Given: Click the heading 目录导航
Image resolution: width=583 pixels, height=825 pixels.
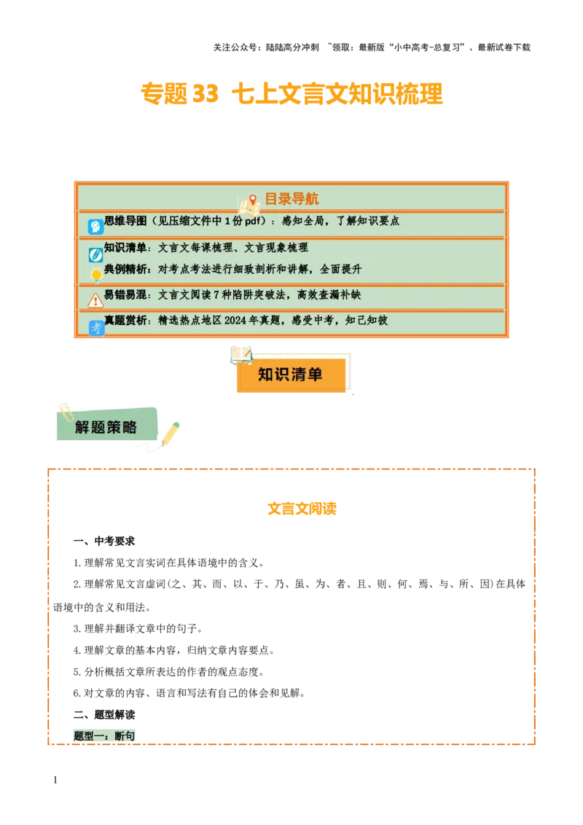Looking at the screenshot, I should pos(291,199).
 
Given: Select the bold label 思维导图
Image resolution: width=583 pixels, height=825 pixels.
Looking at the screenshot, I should pos(125,221).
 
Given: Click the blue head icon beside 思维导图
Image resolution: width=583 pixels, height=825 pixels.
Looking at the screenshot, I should pos(95,227).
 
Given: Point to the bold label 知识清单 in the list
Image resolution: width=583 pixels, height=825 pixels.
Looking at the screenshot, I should pos(125,248).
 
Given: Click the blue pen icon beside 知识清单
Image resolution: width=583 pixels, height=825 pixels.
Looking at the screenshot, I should pos(95,254).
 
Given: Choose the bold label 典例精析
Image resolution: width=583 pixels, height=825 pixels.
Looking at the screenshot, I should pos(125,269).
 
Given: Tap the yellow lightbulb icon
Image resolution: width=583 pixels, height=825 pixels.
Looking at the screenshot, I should pos(95,275).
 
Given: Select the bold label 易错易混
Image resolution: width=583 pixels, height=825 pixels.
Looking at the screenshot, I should pos(125,295).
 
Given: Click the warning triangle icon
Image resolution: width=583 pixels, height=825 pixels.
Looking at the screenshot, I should pos(95,300).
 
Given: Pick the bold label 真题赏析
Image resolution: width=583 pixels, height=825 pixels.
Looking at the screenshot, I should pos(125,321).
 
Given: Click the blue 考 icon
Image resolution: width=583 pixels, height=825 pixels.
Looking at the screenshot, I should pos(96,328).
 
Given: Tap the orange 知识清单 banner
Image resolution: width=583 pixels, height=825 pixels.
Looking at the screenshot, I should pos(291,375).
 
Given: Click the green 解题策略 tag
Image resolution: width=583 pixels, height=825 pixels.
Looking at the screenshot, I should pos(106,427).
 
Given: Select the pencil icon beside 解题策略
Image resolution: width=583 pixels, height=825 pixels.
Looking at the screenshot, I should pos(170,434).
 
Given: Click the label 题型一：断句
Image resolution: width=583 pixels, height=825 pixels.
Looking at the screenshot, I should pos(105,736).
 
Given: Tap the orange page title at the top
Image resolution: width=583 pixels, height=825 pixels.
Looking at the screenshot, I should pos(291,94).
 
